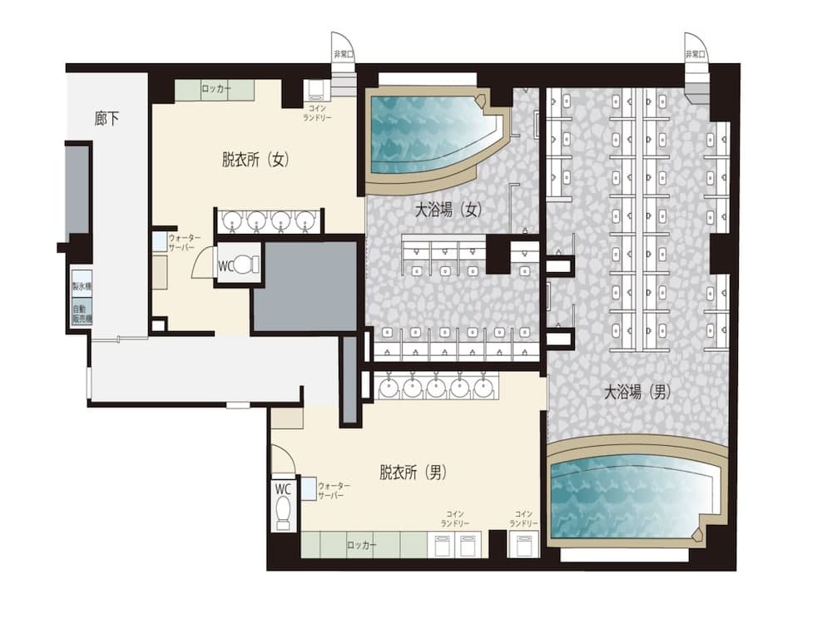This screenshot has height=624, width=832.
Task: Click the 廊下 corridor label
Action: [x=107, y=118]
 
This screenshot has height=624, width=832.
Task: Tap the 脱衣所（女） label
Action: [x=255, y=160]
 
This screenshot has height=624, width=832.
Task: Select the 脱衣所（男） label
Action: [x=414, y=473]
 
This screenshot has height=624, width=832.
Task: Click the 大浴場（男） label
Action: [x=637, y=391]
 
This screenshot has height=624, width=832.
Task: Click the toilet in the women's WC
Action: [x=244, y=265]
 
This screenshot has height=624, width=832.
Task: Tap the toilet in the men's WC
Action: [x=283, y=509]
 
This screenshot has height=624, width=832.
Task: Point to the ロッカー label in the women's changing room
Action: [x=216, y=89]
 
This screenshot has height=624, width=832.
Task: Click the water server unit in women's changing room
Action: [x=159, y=242]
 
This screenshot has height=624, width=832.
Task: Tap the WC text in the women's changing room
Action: [x=225, y=266]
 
